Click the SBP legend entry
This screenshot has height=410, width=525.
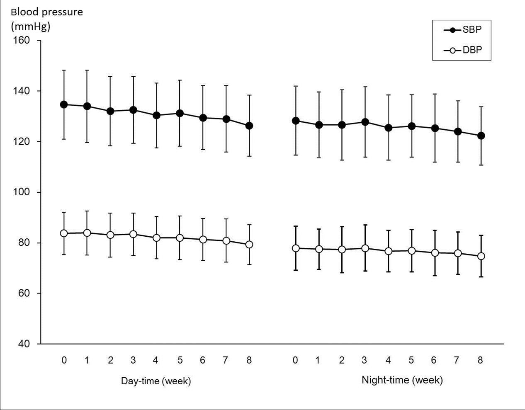462,30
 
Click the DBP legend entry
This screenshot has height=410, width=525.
462,50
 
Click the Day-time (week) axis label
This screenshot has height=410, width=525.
156,381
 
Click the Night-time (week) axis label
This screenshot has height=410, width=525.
402,380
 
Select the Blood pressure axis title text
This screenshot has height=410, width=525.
46,12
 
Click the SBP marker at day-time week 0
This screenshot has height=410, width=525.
64,104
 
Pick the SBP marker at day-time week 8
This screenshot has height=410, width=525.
249,126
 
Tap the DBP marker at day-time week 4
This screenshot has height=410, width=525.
156,238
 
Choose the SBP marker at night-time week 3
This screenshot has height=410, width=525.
365,122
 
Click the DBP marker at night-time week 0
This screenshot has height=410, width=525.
296,248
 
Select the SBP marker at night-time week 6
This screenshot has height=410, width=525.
435,128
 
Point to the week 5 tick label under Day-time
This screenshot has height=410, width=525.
180,360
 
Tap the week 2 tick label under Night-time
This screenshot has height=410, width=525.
342,360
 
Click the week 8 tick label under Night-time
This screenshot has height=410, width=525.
480,360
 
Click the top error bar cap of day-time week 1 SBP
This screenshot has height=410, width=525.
87,70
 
